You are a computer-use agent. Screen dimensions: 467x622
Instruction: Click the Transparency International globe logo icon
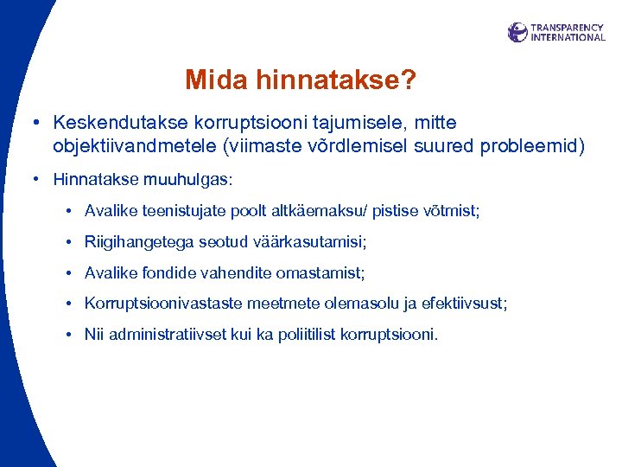(517, 33)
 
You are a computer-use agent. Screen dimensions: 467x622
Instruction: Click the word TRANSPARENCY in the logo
(568, 28)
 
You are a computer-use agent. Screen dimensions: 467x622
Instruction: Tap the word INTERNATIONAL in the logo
(568, 38)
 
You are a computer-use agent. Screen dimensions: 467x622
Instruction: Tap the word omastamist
(321, 273)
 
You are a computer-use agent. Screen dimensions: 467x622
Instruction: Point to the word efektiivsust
(466, 304)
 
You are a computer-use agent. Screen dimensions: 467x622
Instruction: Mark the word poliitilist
(306, 335)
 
